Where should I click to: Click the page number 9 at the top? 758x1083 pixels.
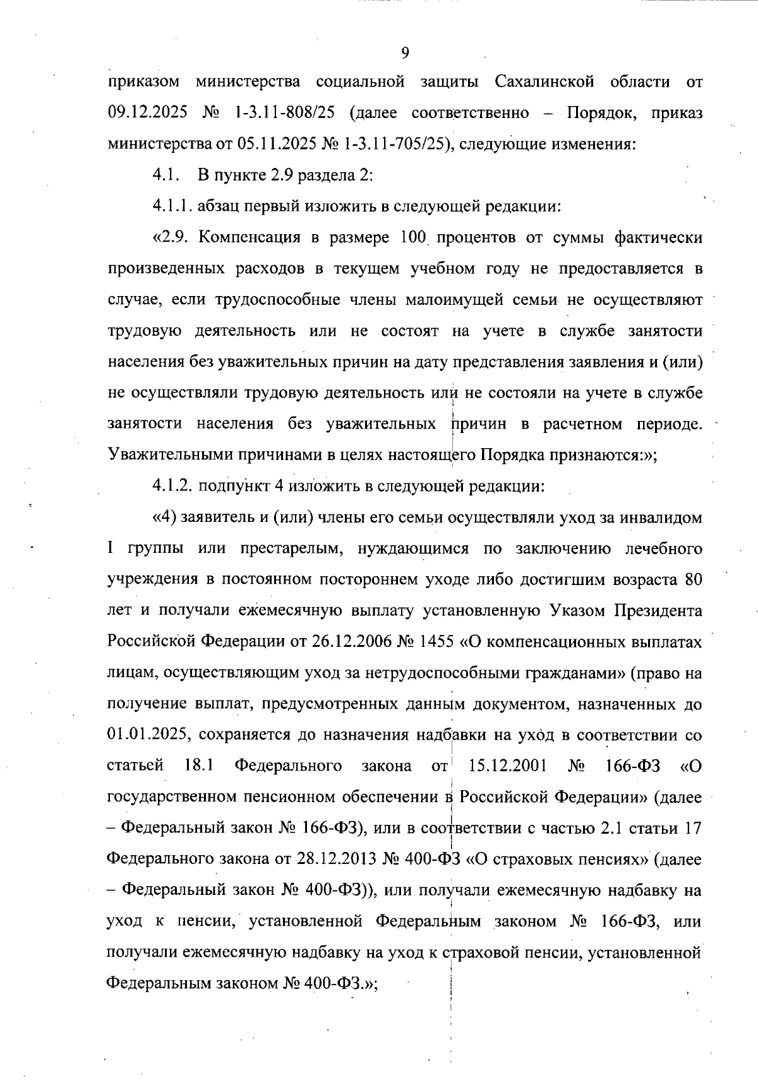coord(405,53)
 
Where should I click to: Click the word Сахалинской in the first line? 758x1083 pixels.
coord(544,82)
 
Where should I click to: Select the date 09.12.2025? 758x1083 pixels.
coord(147,113)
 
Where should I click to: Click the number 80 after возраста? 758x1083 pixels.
coord(693,579)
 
